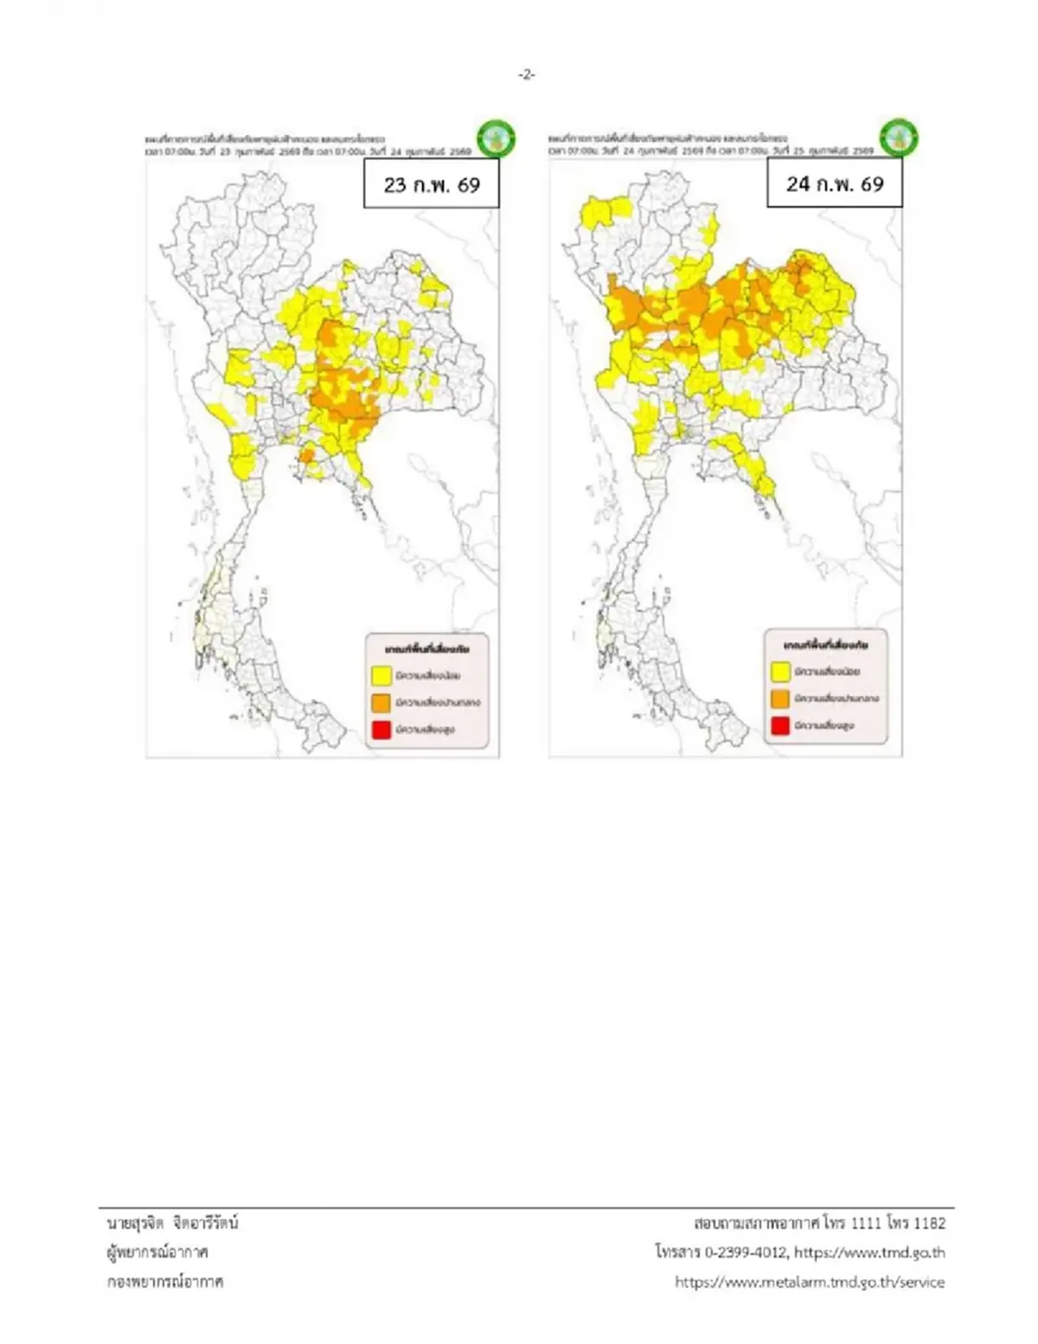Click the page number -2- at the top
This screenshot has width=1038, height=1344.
(x=527, y=75)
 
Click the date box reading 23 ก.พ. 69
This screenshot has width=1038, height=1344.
(x=432, y=184)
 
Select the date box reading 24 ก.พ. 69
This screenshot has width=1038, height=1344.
(x=835, y=183)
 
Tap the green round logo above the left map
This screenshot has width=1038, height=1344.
(x=497, y=138)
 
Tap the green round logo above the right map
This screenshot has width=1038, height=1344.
(x=899, y=138)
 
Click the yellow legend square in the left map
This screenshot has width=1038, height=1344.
(x=381, y=675)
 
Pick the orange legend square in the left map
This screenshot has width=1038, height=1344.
(x=381, y=702)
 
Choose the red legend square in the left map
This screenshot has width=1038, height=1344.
(x=381, y=730)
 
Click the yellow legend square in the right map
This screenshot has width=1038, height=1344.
(x=780, y=671)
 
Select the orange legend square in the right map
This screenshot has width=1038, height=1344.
(x=780, y=698)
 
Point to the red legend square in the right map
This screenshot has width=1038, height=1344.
(x=780, y=725)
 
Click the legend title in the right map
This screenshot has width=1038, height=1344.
(x=826, y=645)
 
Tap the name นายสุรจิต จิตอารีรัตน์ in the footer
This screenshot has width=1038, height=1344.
(x=172, y=1223)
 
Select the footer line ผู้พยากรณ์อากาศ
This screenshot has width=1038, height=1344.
(x=157, y=1252)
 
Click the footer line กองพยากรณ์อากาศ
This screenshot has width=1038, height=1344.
(x=165, y=1282)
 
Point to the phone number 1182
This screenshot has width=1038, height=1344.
(x=929, y=1223)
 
